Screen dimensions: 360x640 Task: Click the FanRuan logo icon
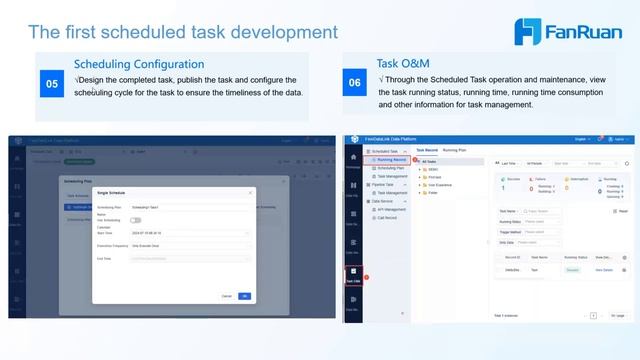click(528, 31)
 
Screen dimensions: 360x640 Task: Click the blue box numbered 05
click(52, 85)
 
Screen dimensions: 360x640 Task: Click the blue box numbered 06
click(355, 84)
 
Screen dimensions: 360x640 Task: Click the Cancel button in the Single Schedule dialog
click(227, 295)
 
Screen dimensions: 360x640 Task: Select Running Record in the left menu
click(391, 158)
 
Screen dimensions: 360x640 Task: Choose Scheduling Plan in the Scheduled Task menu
click(392, 167)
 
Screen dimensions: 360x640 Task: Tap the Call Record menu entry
click(390, 217)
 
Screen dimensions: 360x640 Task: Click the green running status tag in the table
click(573, 270)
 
